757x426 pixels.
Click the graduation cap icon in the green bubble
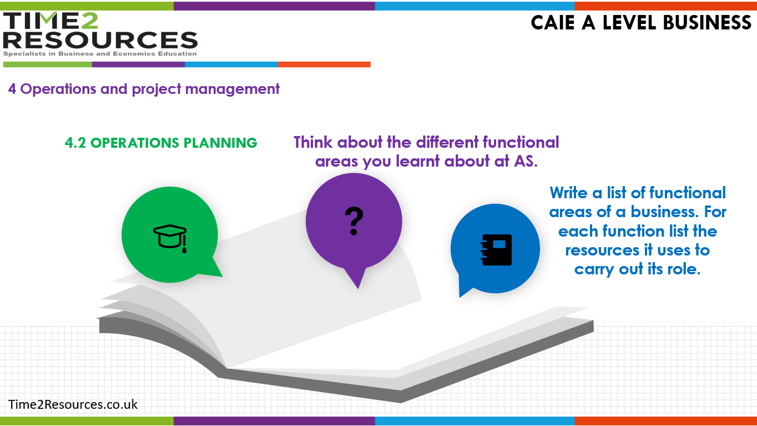170,238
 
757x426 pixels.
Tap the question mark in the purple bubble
354,221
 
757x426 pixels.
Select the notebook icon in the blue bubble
496,249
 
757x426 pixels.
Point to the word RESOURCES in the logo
100,40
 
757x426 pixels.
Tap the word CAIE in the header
553,23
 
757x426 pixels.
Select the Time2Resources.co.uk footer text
73,404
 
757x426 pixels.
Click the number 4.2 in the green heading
75,143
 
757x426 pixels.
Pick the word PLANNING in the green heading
220,143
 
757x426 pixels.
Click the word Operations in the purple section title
58,89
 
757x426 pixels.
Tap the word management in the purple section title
232,89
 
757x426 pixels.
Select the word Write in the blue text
568,193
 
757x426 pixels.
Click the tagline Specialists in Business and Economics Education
100,54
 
